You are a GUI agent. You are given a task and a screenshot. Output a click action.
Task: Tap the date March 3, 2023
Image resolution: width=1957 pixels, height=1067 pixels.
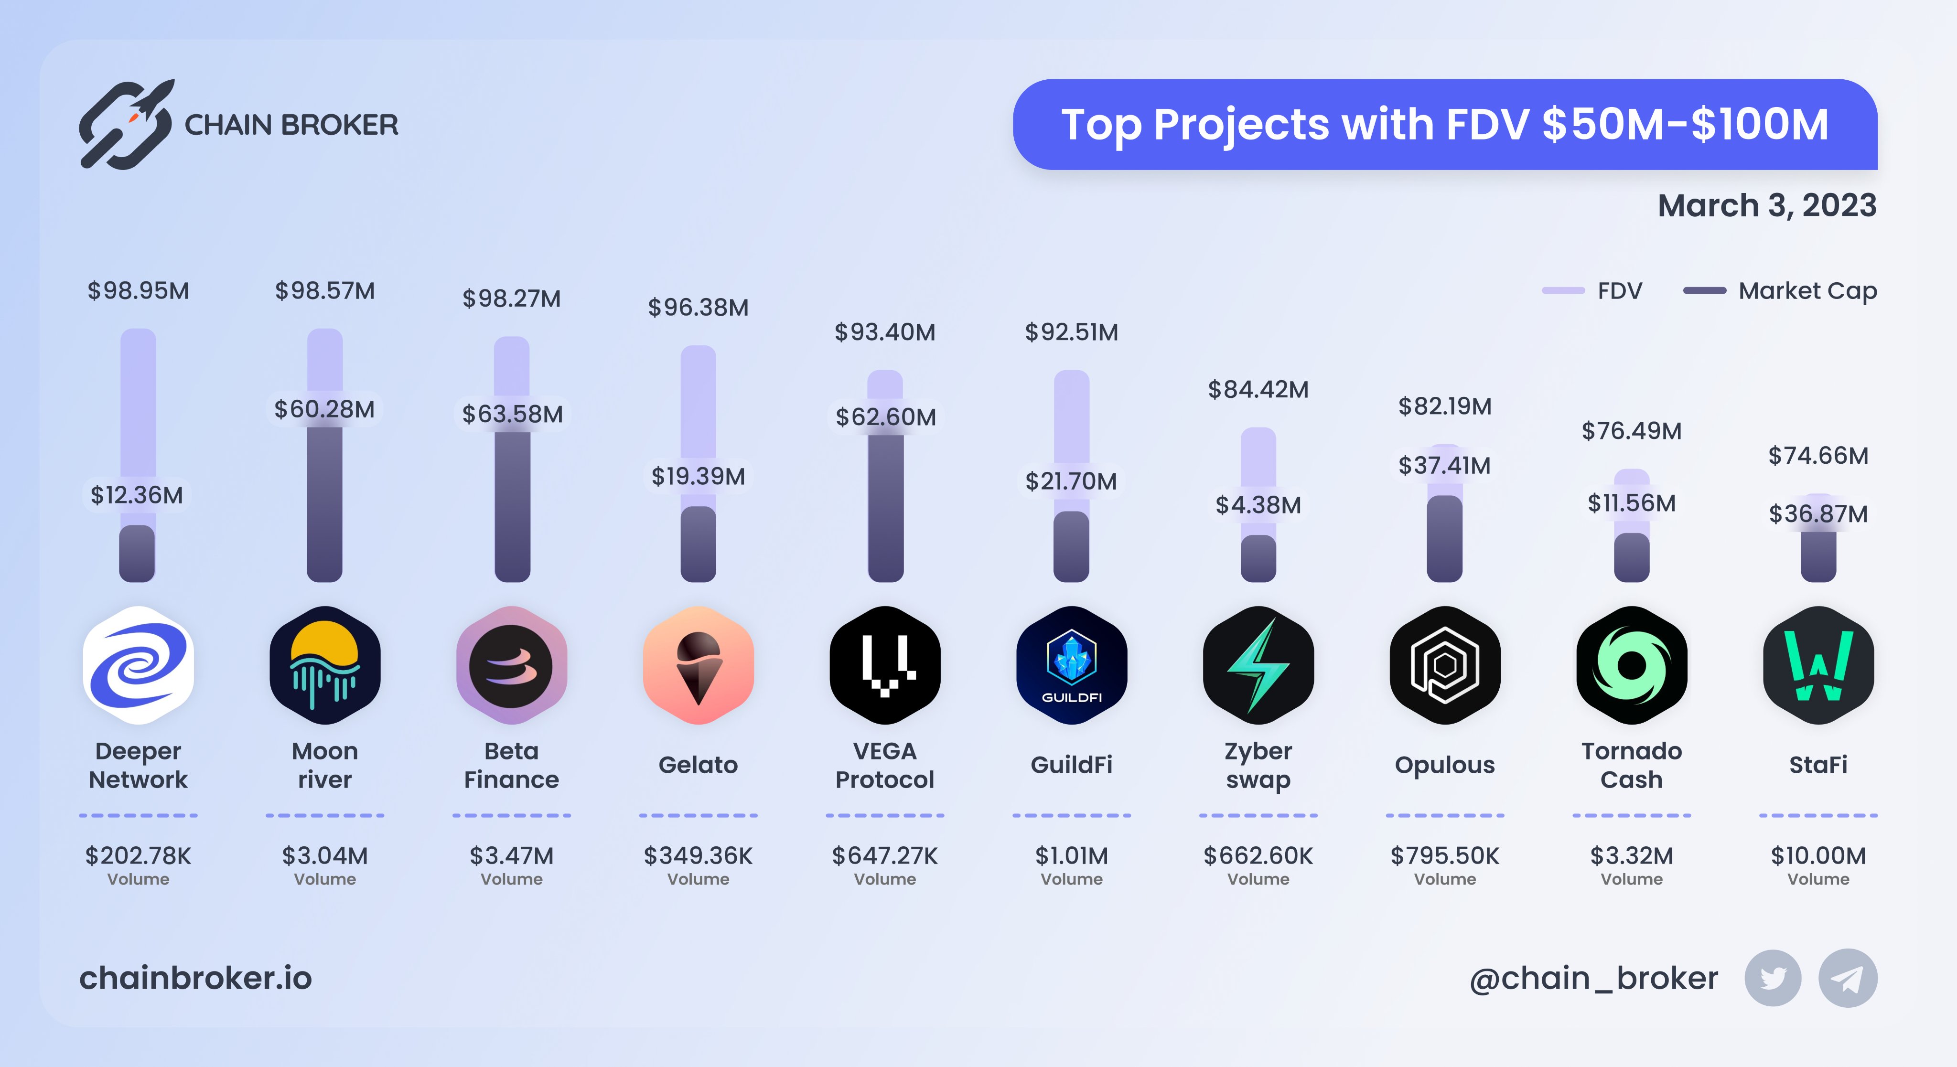1766,206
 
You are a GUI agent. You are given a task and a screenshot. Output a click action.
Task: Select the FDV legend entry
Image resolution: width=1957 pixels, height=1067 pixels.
1593,291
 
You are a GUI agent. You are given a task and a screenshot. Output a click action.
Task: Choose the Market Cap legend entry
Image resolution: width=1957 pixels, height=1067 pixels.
1780,291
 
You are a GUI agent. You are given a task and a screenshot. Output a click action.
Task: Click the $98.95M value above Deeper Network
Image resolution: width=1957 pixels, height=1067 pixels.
138,291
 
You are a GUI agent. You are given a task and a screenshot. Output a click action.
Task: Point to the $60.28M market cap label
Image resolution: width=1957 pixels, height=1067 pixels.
324,409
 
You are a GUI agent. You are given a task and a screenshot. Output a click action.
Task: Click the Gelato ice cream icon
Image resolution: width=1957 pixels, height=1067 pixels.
698,665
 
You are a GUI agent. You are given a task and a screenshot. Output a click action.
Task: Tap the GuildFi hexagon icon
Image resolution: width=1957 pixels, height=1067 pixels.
1071,665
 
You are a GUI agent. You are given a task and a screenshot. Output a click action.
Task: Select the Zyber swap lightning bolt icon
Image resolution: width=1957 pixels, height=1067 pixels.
1258,665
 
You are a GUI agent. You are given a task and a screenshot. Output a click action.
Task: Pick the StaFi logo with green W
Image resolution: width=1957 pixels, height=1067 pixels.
1818,665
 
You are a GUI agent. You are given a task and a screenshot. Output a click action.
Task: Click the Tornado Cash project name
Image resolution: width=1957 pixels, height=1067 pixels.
1631,765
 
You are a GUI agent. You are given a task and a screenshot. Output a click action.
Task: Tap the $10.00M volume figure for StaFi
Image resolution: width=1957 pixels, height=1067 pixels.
1818,856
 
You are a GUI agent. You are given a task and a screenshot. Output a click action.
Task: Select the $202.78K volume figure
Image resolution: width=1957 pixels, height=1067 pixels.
138,856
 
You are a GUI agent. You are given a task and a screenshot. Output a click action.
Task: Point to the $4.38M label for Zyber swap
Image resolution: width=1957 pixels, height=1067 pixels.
1258,505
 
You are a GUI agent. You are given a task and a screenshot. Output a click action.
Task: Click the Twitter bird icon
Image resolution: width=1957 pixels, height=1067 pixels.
1773,978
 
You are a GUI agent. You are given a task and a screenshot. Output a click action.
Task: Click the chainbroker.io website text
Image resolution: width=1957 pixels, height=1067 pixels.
196,978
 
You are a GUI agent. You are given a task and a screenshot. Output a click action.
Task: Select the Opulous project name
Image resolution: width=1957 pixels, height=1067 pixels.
1444,765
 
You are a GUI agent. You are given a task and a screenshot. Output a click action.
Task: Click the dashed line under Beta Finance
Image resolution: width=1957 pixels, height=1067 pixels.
511,815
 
